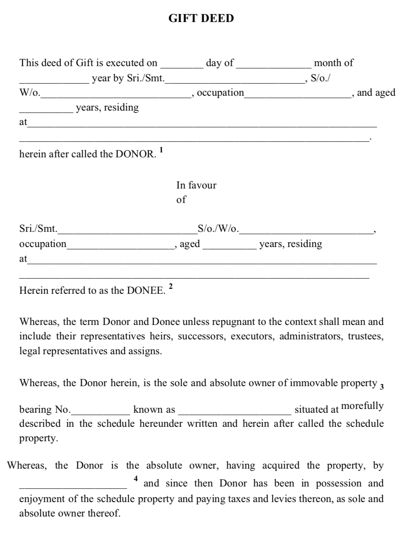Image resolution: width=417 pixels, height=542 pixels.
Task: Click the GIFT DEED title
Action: pos(201,18)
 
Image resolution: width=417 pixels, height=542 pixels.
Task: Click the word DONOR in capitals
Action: pos(135,154)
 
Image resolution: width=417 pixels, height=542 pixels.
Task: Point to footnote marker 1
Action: pos(161,150)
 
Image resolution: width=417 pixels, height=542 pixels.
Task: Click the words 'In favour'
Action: pos(196,185)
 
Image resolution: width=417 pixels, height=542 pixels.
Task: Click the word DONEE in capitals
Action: pos(146,291)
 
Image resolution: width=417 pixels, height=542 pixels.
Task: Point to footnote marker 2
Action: pos(170,286)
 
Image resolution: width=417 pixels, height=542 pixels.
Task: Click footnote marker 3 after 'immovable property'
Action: pos(382,387)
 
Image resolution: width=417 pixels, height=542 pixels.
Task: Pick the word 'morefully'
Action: pos(363,406)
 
